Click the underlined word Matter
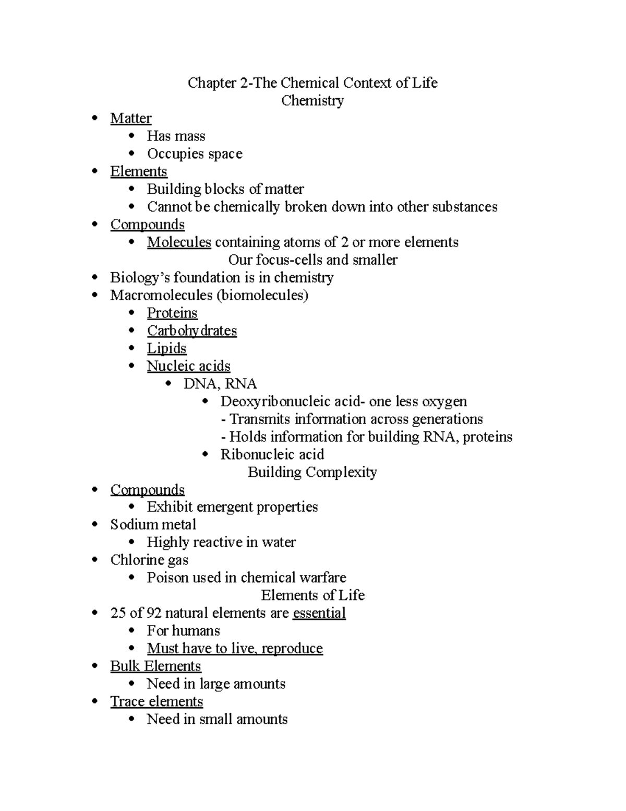point(130,119)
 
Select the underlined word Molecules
point(179,242)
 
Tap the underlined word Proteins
point(172,313)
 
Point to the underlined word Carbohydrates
point(191,331)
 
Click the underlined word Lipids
point(166,348)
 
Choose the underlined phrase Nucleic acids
point(188,366)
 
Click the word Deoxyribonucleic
point(266,402)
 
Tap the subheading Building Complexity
point(312,472)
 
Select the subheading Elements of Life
point(312,595)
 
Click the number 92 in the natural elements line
point(154,613)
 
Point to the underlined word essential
point(319,613)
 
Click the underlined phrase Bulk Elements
point(155,666)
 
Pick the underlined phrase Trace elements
point(156,701)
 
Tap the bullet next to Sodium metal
point(94,524)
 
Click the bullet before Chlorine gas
point(94,560)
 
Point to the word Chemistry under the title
point(312,101)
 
